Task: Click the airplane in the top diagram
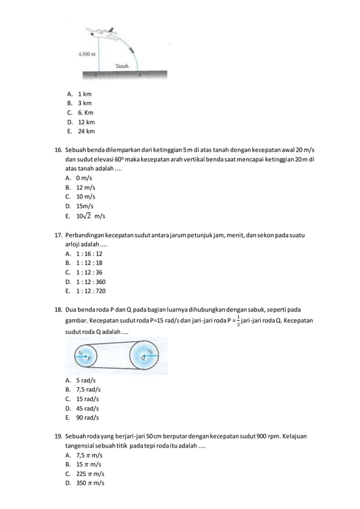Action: [x=104, y=33]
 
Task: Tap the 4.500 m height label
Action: [x=86, y=55]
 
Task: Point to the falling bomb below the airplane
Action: [x=132, y=51]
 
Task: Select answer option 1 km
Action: [x=84, y=94]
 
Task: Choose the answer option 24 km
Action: [x=86, y=131]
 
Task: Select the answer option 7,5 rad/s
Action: [x=89, y=389]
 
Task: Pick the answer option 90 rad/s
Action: [x=87, y=418]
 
